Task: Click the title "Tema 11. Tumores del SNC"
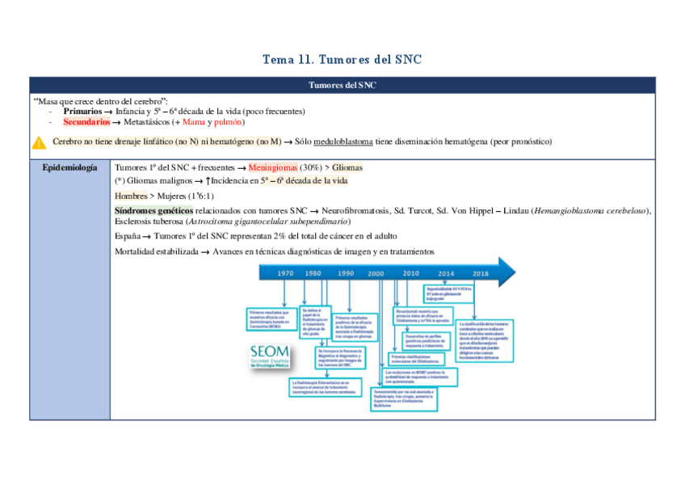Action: pos(342,60)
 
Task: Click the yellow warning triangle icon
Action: pos(39,142)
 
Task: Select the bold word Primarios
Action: pos(82,111)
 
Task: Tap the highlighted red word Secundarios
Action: pos(86,121)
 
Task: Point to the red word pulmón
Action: pos(228,121)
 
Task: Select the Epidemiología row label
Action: pos(69,167)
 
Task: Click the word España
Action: pos(130,236)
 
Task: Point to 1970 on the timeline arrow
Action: pos(286,273)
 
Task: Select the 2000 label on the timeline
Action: pos(376,273)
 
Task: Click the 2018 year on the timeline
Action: pos(481,273)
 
